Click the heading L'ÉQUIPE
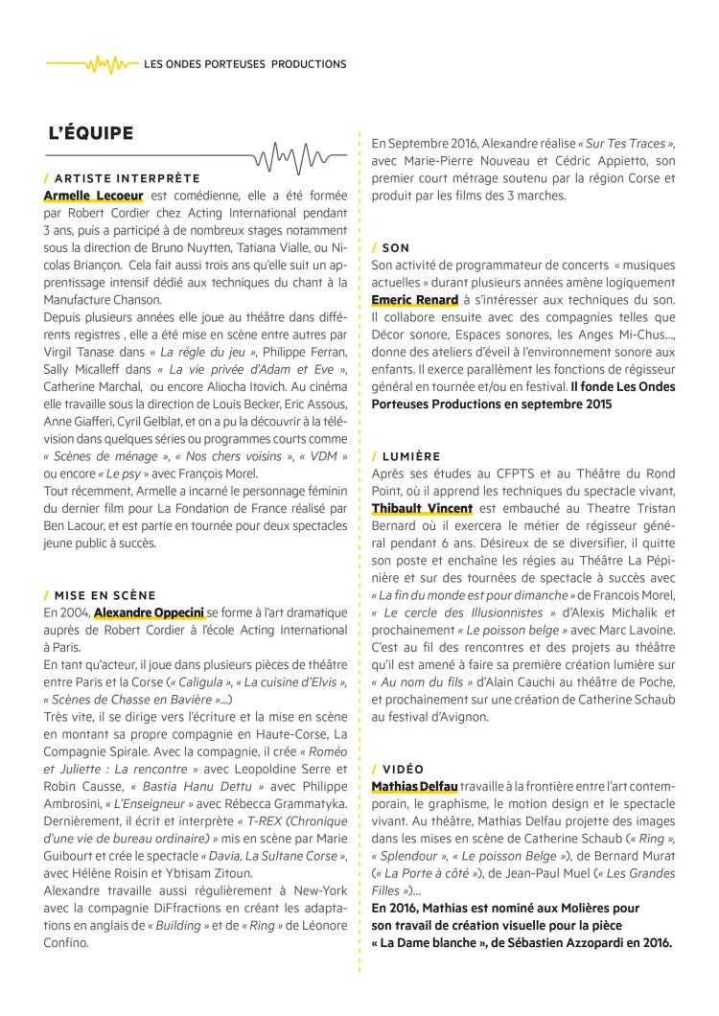pyautogui.click(x=91, y=133)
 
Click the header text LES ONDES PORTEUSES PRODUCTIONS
pyautogui.click(x=244, y=65)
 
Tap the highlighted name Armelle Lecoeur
pyautogui.click(x=92, y=195)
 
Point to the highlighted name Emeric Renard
pyautogui.click(x=414, y=300)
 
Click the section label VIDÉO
pyautogui.click(x=403, y=769)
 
